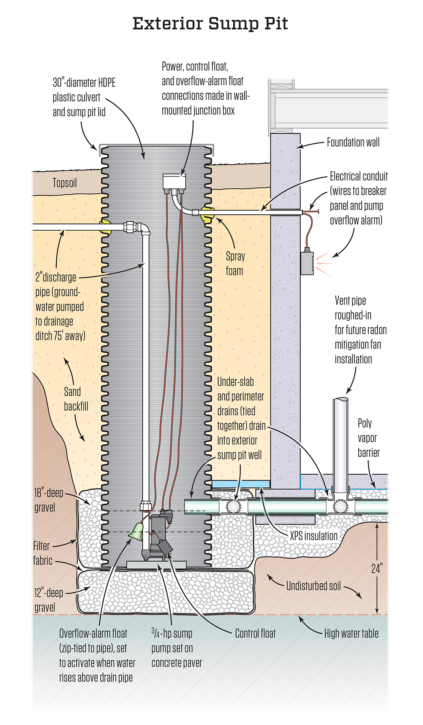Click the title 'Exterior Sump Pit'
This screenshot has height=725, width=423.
pos(210,24)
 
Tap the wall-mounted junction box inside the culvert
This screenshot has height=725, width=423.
pos(174,181)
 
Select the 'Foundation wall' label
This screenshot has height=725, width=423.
pos(353,142)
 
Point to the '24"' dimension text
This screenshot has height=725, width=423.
pos(377,568)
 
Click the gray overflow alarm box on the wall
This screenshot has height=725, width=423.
pos(307,263)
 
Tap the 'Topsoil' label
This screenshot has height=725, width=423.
pos(65,183)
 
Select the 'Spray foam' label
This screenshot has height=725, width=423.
pos(235,264)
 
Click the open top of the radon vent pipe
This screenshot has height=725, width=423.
pos(341,400)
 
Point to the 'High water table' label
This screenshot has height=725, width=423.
pos(351,634)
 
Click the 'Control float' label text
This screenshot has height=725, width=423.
pos(255,634)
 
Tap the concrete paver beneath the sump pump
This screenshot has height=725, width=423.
pos(156,564)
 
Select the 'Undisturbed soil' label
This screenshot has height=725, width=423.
pos(313,586)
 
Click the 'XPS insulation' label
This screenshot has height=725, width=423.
pos(313,536)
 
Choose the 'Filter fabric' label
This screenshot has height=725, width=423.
pos(42,553)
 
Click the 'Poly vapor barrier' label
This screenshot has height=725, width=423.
pos(368,438)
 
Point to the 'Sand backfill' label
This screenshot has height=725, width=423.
pos(76,399)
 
